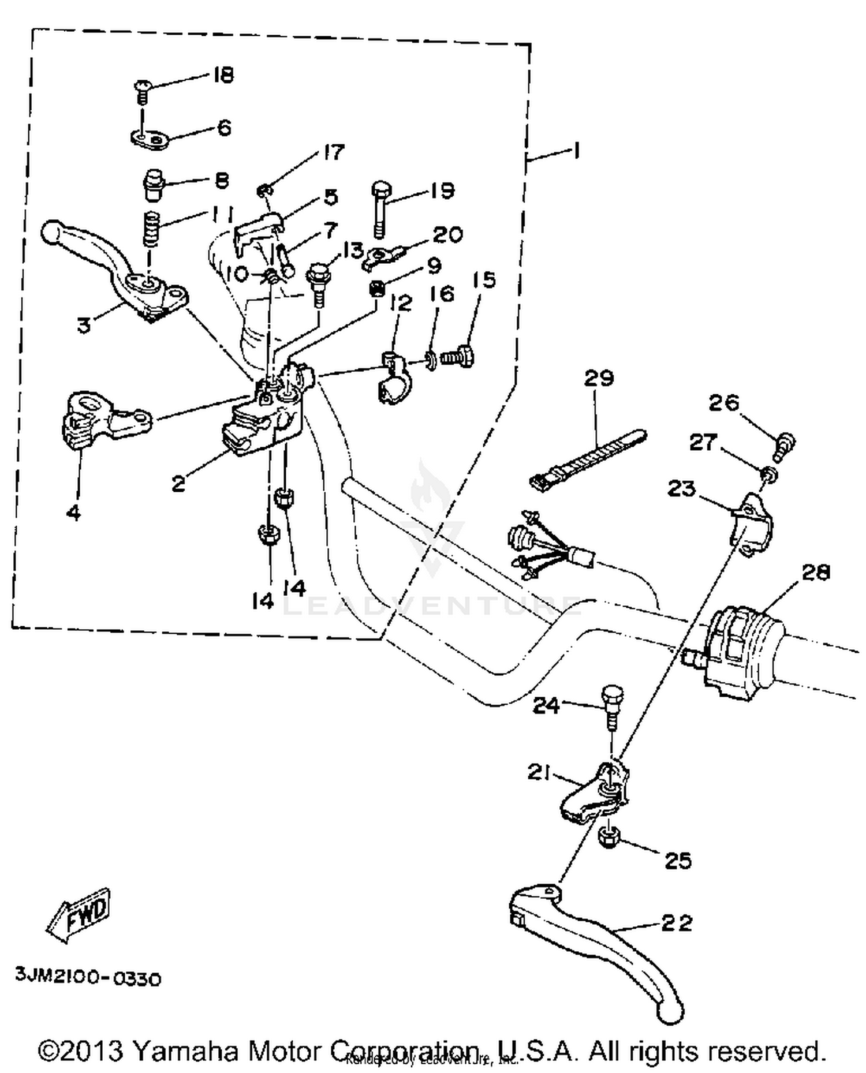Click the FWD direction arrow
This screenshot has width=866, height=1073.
pos(78,915)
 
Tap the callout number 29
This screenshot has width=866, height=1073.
pos(599,379)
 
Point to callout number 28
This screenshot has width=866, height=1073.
pos(816,572)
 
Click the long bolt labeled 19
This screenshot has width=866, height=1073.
pos(380,208)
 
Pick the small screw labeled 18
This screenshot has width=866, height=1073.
pos(141,91)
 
